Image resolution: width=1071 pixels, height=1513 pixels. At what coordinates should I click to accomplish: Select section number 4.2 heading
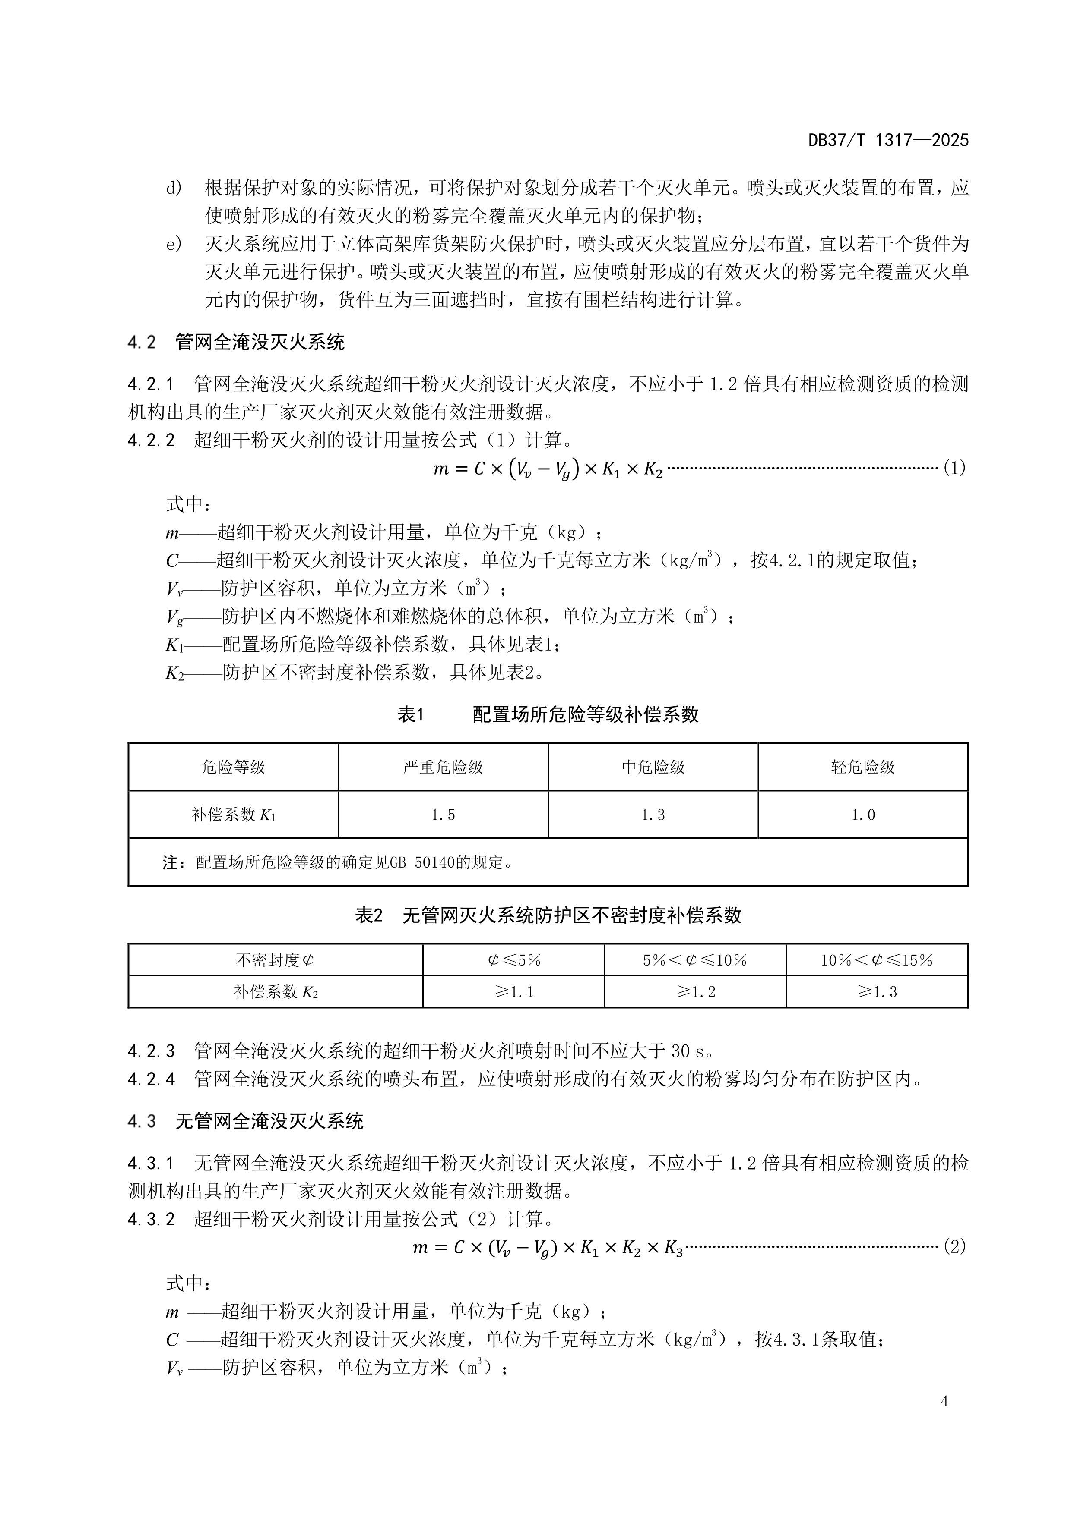coord(142,342)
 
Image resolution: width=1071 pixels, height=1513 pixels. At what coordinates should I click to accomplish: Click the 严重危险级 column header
coord(443,767)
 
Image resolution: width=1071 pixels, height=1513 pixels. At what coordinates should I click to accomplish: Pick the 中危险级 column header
coord(653,767)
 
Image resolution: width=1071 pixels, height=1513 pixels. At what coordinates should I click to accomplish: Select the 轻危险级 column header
coord(862,767)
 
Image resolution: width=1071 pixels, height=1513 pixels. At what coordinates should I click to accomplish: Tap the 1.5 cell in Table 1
coord(443,815)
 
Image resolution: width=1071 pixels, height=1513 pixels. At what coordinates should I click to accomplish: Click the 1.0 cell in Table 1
coord(862,815)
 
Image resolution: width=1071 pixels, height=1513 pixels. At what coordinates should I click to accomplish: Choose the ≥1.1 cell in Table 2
coord(514,992)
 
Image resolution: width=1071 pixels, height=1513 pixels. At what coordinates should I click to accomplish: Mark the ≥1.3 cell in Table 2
coord(877,992)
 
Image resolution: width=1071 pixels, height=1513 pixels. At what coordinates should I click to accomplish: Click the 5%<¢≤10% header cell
coord(695,960)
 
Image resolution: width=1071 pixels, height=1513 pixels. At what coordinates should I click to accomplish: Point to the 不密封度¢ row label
coord(275,960)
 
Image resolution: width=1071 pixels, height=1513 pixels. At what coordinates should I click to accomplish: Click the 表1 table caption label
coord(410,714)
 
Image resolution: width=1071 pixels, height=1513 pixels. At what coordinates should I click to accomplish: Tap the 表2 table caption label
coord(369,915)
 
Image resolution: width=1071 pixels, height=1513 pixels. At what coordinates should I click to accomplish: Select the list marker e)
coord(174,245)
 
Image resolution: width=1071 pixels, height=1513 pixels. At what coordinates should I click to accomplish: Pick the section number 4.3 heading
coord(142,1122)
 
